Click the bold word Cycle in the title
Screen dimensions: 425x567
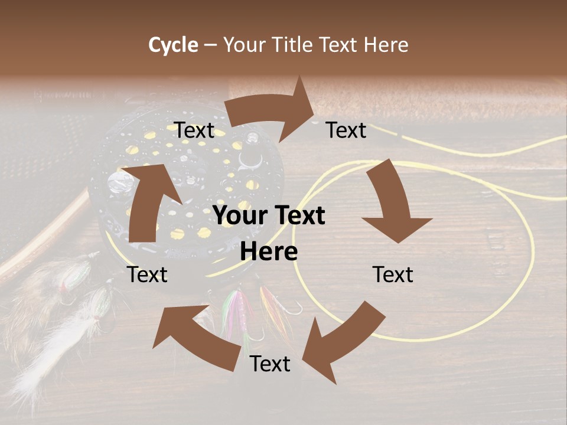[x=173, y=45]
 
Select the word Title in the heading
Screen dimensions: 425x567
[x=294, y=45]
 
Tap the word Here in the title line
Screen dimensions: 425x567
[x=386, y=45]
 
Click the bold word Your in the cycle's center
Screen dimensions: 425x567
[x=237, y=216]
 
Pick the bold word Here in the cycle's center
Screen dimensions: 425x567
[x=269, y=252]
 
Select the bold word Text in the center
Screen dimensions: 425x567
[x=298, y=216]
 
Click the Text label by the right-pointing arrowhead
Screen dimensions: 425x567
[x=346, y=130]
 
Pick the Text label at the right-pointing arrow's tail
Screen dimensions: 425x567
[x=194, y=130]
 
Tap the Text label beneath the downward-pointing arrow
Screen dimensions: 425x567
[x=393, y=274]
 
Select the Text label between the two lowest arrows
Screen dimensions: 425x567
[x=270, y=364]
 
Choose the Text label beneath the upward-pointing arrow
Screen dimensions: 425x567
[x=148, y=274]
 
